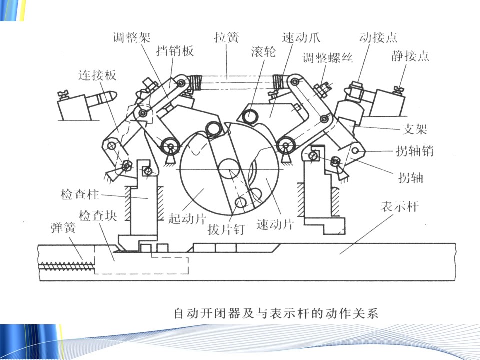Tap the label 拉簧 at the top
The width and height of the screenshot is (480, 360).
[227, 37]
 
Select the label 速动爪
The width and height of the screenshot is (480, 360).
[301, 37]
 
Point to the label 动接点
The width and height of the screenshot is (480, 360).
[378, 37]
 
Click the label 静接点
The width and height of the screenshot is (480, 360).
[410, 55]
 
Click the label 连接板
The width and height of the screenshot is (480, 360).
[97, 75]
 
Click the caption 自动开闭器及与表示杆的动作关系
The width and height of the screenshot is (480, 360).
[276, 314]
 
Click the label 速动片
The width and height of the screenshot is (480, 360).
[275, 223]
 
